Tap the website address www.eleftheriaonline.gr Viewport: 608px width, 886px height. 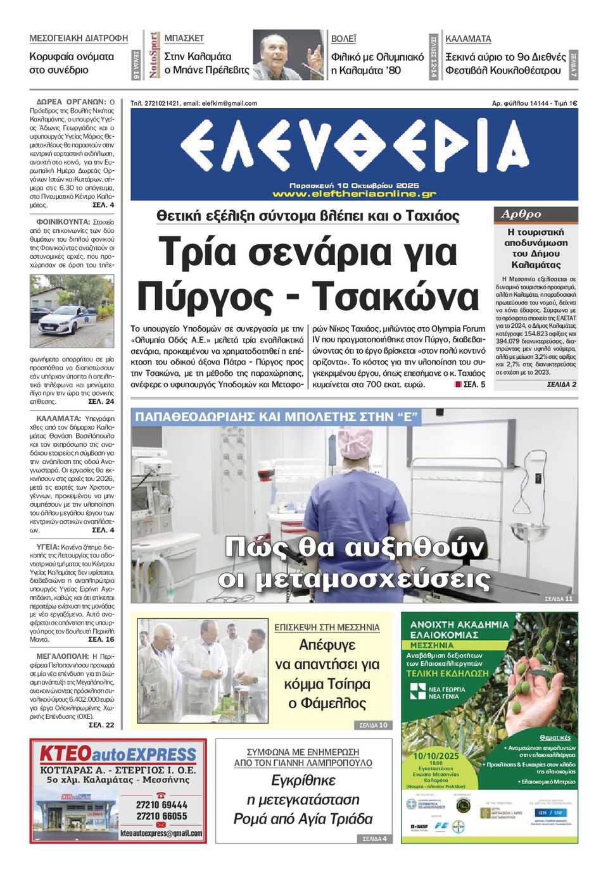click(x=354, y=194)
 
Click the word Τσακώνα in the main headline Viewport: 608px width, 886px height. click(x=396, y=296)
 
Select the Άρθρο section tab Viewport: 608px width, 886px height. click(x=521, y=215)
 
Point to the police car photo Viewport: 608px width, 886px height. click(x=72, y=311)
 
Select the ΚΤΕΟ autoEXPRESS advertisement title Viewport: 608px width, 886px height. click(x=118, y=754)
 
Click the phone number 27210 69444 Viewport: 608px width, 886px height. click(x=161, y=805)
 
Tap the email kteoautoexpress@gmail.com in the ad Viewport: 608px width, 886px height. click(x=161, y=833)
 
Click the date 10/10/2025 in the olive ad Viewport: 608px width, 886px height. click(x=436, y=756)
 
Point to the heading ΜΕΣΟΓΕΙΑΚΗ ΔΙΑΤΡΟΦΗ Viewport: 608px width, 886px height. click(x=79, y=39)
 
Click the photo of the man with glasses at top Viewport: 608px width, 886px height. click(x=288, y=55)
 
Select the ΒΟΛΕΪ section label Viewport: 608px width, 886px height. click(x=344, y=39)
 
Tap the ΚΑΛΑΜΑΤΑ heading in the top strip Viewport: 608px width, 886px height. click(x=468, y=39)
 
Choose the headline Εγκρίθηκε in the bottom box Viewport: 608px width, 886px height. click(x=303, y=780)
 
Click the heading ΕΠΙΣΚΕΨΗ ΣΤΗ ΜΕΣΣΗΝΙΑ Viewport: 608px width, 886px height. click(x=327, y=627)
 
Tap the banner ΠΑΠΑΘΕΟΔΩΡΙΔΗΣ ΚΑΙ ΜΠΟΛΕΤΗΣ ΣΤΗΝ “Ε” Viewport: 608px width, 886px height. click(x=277, y=417)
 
